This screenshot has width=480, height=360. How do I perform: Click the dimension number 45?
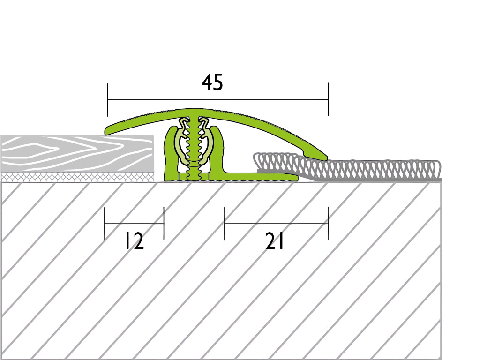point(212,82)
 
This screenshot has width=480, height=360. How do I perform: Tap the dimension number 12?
point(134,241)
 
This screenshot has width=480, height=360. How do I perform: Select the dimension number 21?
point(275,241)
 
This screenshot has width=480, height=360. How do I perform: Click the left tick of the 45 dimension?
point(107,100)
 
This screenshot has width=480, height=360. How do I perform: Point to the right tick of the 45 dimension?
point(329,99)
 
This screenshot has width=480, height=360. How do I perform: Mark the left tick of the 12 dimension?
point(105,224)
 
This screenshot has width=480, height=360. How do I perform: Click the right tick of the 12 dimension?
point(164,224)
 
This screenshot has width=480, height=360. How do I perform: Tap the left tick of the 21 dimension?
point(225,224)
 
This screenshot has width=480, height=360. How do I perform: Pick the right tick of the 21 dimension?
point(329,224)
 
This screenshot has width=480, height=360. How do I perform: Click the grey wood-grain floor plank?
point(77,153)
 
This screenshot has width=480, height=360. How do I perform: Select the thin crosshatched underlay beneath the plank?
point(77,177)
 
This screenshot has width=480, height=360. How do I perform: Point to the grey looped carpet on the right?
point(347,168)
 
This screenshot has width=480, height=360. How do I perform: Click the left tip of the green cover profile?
point(105,132)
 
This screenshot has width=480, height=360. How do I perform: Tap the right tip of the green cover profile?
point(327,158)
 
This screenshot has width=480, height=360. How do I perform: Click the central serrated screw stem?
point(194,149)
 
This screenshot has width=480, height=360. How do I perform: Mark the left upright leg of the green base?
point(170,153)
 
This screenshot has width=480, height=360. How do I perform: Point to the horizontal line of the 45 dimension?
point(218,100)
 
